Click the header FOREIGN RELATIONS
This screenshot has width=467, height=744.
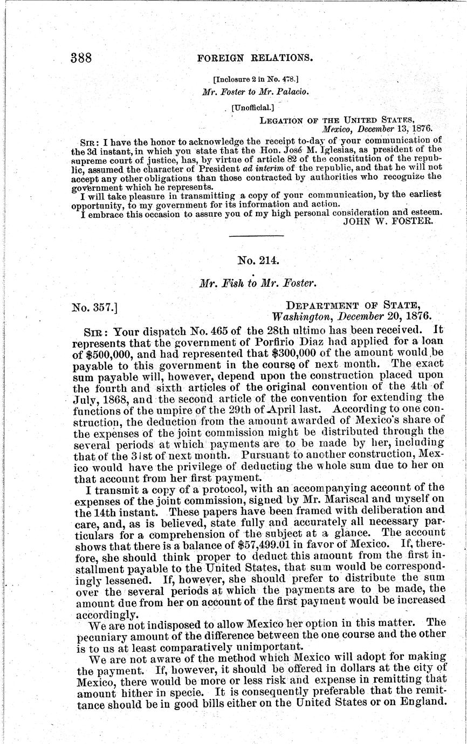click(255, 58)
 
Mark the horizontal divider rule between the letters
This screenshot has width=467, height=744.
click(257, 236)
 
